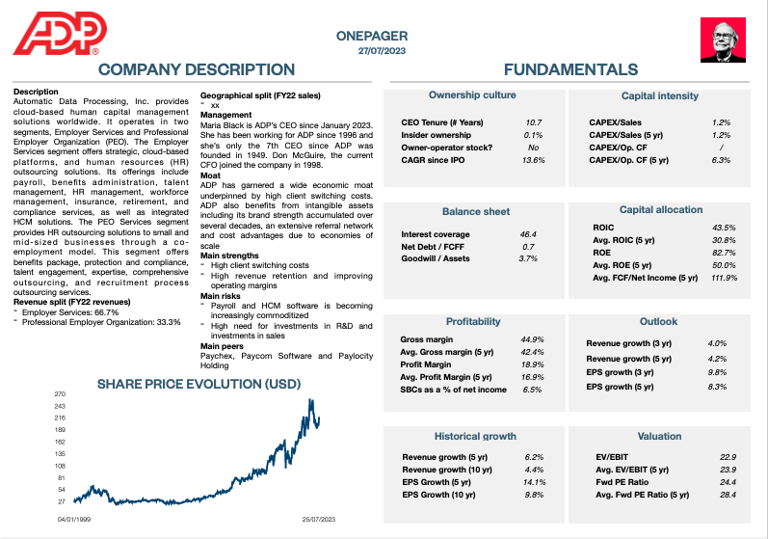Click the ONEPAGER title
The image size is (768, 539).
[371, 36]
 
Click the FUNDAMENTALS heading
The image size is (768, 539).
[570, 69]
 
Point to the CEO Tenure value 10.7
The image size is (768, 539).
[533, 122]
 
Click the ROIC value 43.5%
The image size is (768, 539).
[724, 228]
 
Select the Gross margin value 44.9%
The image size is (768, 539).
[532, 339]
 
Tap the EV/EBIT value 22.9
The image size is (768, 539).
[728, 456]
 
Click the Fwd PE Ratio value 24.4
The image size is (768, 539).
[728, 481]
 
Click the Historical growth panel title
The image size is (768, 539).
[475, 436]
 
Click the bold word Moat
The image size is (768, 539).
[211, 176]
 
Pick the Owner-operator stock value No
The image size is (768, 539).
[533, 148]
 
